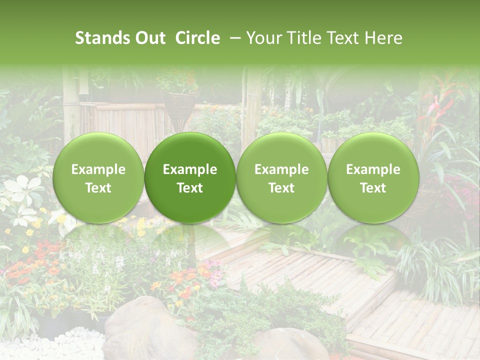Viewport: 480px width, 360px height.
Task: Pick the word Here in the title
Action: coord(383,38)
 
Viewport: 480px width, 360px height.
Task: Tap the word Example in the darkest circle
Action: coord(190,169)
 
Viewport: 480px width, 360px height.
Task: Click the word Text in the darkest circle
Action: coord(190,188)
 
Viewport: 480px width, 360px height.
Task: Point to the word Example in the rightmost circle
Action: coord(373,169)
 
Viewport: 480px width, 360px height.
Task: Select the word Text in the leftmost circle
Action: coord(98,188)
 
